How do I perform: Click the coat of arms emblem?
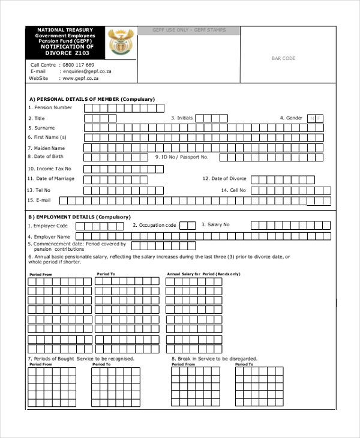(x=121, y=43)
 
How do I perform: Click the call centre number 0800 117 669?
(x=78, y=65)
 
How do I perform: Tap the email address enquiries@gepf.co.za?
(x=86, y=71)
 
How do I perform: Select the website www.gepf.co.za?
(x=80, y=78)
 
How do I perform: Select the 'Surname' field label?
(x=42, y=128)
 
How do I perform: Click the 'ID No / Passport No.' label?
(x=182, y=157)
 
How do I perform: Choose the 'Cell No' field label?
(x=233, y=190)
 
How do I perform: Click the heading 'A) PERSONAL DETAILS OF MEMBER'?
(x=92, y=99)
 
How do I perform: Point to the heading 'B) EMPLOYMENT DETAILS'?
(x=79, y=217)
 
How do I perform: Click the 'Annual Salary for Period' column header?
(x=203, y=274)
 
